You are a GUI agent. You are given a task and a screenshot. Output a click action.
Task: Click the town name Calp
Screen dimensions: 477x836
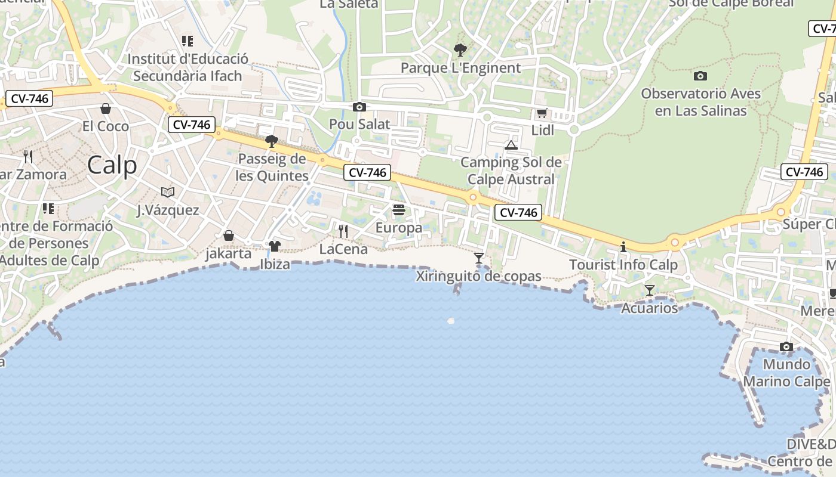coord(112,165)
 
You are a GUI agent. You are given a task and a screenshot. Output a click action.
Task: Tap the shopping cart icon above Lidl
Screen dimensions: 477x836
coord(542,113)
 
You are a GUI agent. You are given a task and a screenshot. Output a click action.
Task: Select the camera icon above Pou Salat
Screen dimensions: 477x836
coord(359,107)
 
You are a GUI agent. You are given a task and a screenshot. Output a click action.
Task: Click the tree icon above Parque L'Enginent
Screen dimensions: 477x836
coord(460,49)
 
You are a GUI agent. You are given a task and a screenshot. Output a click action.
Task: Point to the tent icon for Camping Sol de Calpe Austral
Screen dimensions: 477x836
coord(511,145)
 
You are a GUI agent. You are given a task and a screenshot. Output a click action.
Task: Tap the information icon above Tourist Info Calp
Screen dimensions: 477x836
coord(623,247)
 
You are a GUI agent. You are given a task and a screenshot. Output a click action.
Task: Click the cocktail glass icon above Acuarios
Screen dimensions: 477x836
coord(650,290)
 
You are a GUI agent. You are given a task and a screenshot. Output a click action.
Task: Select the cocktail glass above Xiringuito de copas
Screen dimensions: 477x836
coord(478,258)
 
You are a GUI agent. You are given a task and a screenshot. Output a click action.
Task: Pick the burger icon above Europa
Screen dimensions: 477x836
coord(399,210)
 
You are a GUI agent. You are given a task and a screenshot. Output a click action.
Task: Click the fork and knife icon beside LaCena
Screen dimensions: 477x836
coord(343,231)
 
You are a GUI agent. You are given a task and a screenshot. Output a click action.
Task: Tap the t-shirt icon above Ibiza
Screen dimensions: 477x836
coord(275,246)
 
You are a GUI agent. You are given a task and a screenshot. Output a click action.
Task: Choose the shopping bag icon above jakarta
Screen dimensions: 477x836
coord(228,236)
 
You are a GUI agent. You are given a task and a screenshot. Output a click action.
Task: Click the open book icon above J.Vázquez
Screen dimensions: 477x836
coord(168,192)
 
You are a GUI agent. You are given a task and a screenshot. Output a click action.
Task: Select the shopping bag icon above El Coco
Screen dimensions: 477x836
coord(106,109)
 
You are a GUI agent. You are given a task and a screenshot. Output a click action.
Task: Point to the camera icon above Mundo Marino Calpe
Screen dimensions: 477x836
coord(786,347)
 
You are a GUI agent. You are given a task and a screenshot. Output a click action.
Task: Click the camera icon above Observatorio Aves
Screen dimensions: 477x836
coord(700,76)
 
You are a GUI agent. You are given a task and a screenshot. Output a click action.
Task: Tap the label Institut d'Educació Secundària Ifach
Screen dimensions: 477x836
coord(188,67)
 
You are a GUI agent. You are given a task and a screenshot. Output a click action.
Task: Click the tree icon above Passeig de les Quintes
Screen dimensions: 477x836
coord(272,141)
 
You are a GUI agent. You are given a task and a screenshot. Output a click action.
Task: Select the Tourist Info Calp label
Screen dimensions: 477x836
coord(623,265)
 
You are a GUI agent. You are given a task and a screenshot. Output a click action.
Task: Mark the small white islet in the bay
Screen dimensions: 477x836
coord(451,321)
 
